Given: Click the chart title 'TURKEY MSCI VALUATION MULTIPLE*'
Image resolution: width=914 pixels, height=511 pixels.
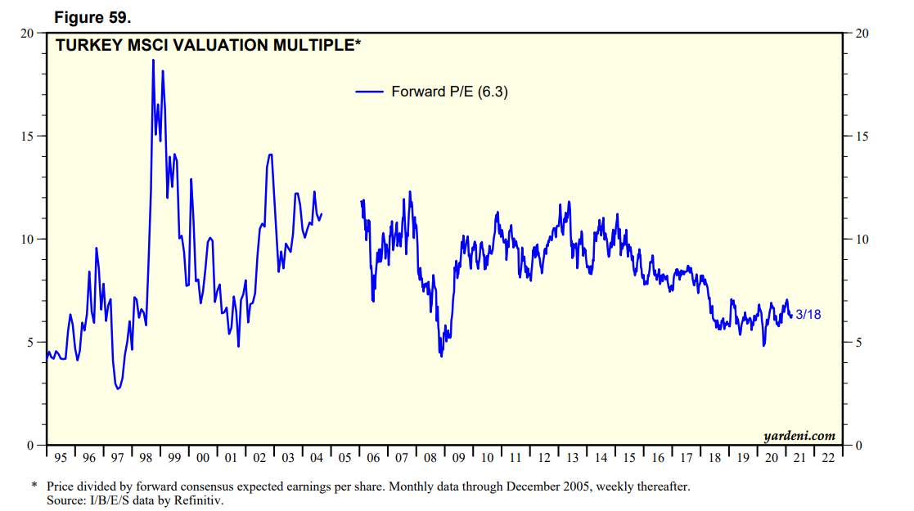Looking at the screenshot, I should pyautogui.click(x=208, y=46).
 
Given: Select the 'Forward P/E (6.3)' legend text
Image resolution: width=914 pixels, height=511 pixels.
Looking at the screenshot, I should pyautogui.click(x=449, y=92).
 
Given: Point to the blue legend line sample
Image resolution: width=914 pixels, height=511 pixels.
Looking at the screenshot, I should pyautogui.click(x=370, y=92).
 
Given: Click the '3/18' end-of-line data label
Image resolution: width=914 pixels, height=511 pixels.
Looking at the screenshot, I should pyautogui.click(x=808, y=314).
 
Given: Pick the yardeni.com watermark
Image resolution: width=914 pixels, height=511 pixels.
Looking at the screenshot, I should pyautogui.click(x=799, y=436).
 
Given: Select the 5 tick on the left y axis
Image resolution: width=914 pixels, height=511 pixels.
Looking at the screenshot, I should pyautogui.click(x=30, y=342).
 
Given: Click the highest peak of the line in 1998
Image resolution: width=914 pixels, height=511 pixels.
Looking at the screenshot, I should pyautogui.click(x=153, y=60).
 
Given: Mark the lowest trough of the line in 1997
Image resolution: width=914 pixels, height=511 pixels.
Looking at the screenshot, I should pyautogui.click(x=118, y=388).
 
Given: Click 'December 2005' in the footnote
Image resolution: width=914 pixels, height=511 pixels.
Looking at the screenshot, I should pyautogui.click(x=483, y=486).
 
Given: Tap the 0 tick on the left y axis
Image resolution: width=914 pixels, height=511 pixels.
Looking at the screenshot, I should pyautogui.click(x=30, y=446).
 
